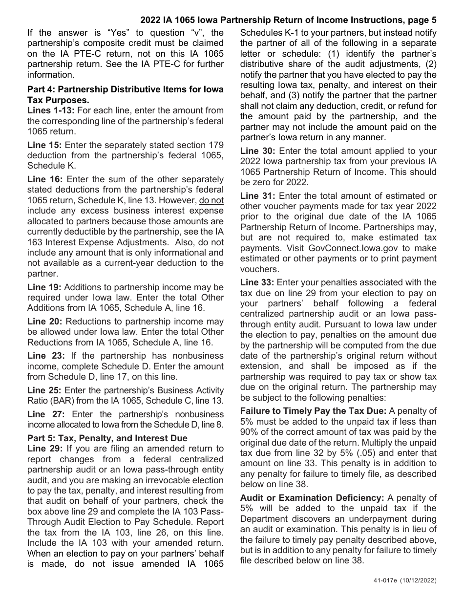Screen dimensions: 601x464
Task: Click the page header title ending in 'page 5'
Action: coord(288,20)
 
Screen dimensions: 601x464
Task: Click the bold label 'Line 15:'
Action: coord(44,145)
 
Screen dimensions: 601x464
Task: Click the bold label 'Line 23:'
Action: coord(45,355)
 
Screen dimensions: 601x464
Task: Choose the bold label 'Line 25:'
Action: coord(44,390)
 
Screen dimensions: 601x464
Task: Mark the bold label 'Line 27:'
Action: coord(45,414)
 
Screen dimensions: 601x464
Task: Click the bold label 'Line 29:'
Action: coord(45,448)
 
